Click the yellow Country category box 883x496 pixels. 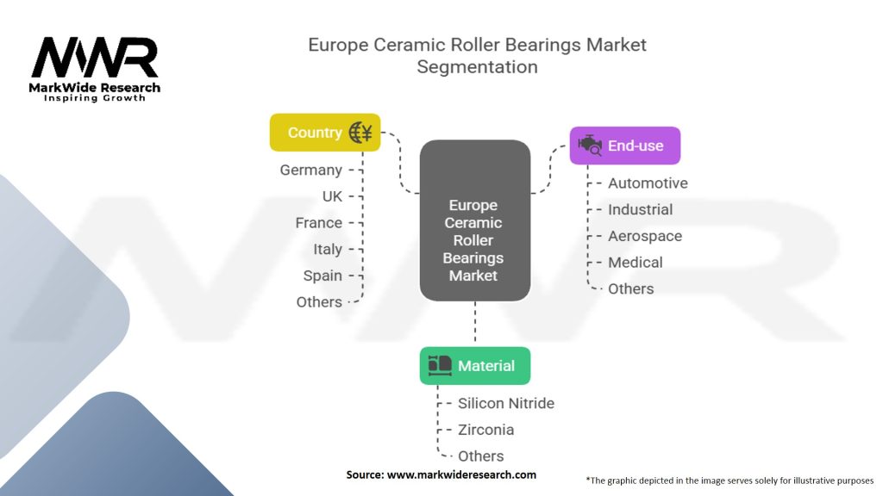pos(324,133)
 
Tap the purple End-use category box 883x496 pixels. pos(625,146)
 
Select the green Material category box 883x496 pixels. pos(475,366)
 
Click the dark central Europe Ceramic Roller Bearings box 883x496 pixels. pos(474,220)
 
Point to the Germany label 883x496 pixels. pos(310,170)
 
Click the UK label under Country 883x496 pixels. pos(332,196)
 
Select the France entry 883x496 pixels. pos(318,223)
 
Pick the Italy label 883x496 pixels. pos(328,250)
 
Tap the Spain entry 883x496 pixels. pos(323,276)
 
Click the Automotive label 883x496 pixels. pos(648,183)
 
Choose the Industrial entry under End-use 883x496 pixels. pos(640,209)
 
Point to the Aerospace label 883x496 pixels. pos(644,236)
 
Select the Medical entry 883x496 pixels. pos(635,263)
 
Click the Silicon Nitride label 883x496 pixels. pos(506,403)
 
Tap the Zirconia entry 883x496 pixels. pos(485,430)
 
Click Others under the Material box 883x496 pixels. pos(480,456)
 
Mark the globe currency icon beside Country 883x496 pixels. pos(360,133)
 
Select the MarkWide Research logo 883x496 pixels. pos(95,69)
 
